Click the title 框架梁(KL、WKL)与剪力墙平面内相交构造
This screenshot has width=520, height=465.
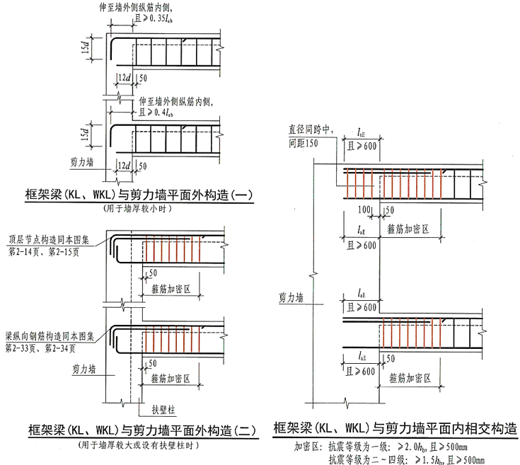click(x=393, y=429)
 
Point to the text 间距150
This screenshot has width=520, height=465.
click(x=302, y=142)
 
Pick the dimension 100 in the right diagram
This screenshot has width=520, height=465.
click(x=364, y=210)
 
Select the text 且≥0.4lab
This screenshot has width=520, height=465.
click(x=156, y=113)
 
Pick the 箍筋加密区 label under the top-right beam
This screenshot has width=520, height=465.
click(x=410, y=229)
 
